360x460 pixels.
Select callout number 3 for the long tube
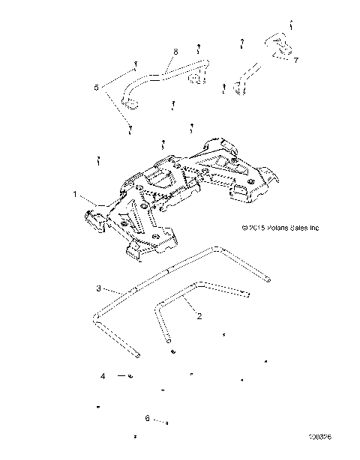[x=97, y=288]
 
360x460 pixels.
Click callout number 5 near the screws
[x=95, y=88]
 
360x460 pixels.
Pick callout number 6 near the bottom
[x=148, y=419]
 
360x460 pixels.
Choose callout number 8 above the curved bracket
[x=175, y=51]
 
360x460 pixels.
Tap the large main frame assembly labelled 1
[x=180, y=195]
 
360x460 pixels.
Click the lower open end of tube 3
[x=134, y=352]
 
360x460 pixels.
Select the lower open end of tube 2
[x=174, y=348]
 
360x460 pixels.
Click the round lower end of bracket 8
[x=130, y=103]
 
